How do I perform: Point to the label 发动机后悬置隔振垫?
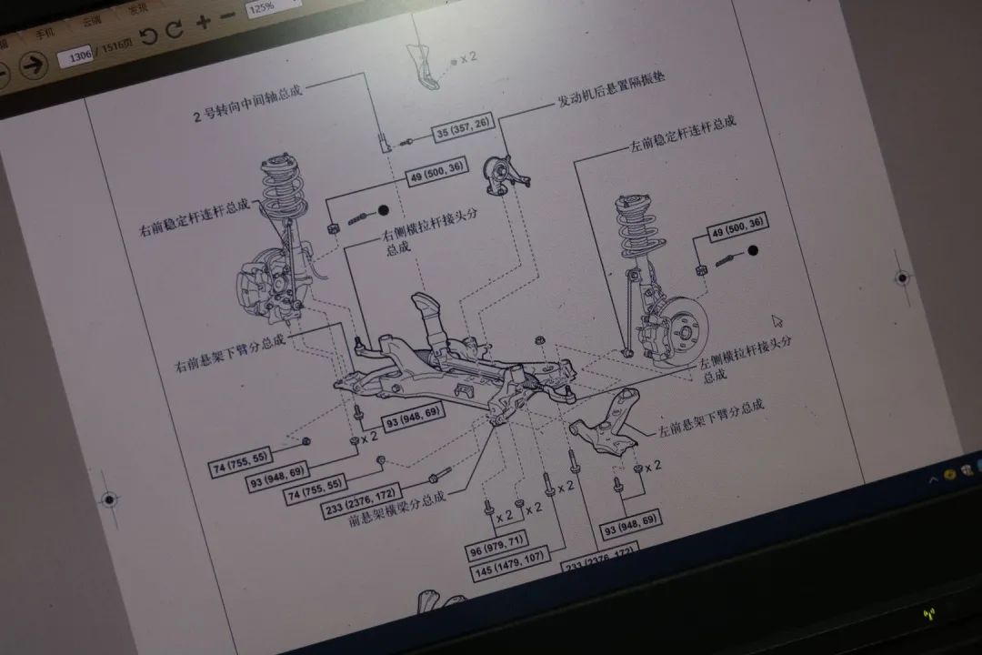(x=610, y=89)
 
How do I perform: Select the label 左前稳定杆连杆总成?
(x=682, y=134)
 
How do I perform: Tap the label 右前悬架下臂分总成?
(x=230, y=354)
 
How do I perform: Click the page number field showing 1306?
(x=75, y=57)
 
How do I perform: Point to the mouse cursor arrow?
(x=777, y=321)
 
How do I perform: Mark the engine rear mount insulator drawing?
(x=503, y=174)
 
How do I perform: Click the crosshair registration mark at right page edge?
(x=902, y=277)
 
